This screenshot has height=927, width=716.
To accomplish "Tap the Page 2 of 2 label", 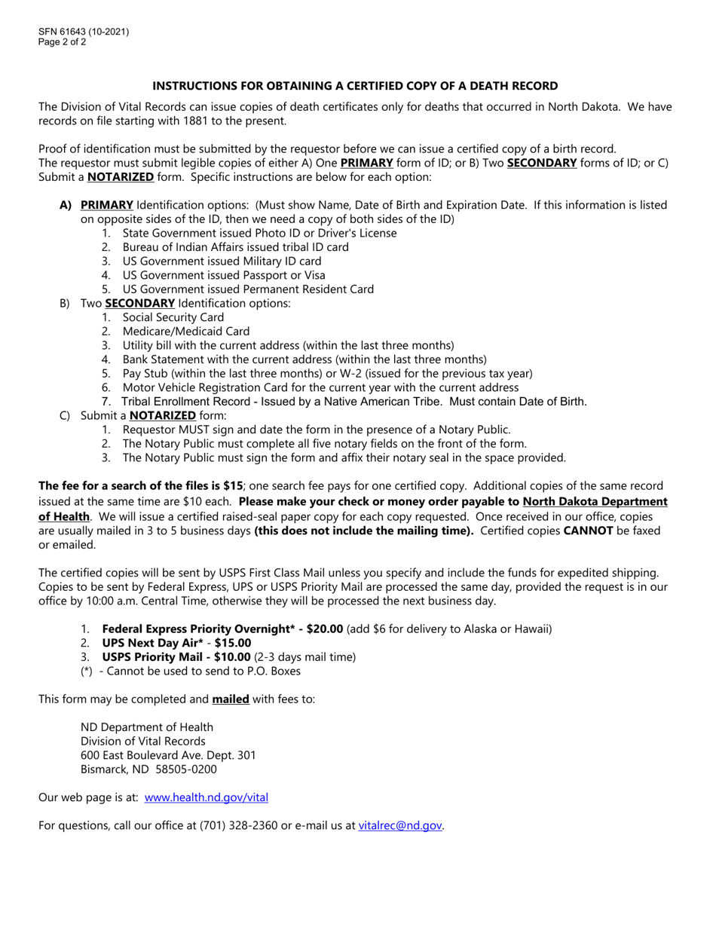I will coord(63,42).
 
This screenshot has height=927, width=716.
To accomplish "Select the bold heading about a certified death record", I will coord(355,86).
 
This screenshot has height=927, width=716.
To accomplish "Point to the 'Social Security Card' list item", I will coord(173,317).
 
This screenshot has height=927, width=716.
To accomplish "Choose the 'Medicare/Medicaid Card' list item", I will coord(186,332).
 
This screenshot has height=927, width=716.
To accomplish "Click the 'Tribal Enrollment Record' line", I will coord(354,402).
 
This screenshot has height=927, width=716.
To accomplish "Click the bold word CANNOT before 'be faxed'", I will coord(588,531).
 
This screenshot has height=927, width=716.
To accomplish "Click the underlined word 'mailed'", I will coord(231,699).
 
